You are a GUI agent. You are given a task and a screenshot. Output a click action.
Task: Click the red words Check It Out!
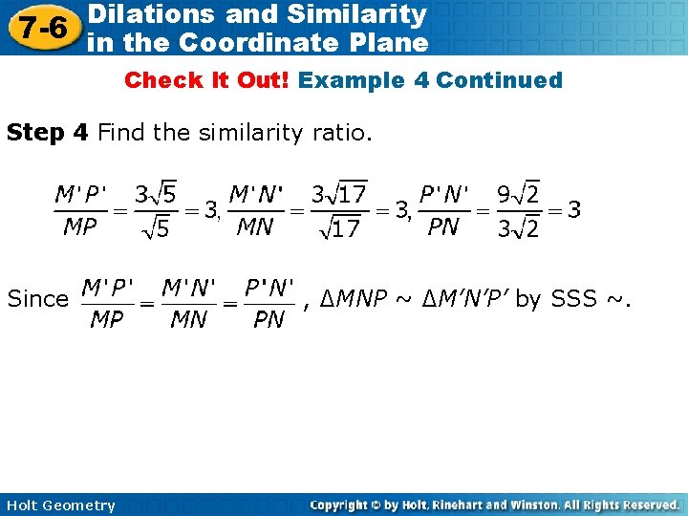(207, 80)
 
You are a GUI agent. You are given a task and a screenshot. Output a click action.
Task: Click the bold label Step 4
(47, 132)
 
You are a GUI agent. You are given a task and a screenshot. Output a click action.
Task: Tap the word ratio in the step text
(339, 132)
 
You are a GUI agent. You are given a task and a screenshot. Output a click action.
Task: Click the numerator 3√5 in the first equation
(155, 195)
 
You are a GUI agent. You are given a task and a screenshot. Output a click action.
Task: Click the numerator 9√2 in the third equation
(518, 195)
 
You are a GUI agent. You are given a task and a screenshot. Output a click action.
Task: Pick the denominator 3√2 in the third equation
(518, 229)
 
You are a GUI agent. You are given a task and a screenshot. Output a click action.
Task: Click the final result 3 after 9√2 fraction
(573, 209)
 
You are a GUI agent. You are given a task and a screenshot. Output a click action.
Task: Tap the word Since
(38, 299)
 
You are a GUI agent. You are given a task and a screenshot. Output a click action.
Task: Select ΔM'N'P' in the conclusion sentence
(464, 299)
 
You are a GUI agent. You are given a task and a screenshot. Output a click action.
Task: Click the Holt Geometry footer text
(59, 505)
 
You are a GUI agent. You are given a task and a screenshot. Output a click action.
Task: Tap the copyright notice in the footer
(494, 505)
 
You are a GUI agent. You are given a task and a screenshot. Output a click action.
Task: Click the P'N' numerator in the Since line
(269, 287)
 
